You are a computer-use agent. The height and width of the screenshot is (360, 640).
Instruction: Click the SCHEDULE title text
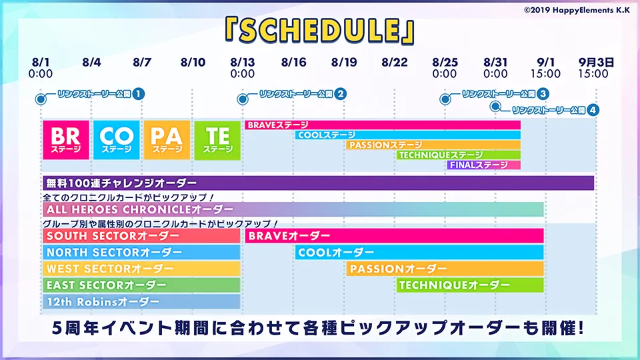[x=319, y=31]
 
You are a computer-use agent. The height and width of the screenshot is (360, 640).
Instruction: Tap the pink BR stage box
[x=66, y=140]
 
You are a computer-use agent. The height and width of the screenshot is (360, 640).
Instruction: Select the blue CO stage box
[x=116, y=140]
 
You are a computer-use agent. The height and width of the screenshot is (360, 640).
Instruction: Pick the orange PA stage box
[x=167, y=140]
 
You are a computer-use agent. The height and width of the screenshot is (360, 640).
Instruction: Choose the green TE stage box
[x=217, y=140]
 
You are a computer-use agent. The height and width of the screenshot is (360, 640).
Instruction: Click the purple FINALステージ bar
[x=484, y=165]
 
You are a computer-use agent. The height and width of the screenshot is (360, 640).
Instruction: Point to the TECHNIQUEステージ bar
[x=459, y=155]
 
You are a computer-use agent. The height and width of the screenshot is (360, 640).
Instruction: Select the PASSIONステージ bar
[x=433, y=145]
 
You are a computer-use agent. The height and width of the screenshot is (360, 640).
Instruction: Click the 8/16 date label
[x=293, y=63]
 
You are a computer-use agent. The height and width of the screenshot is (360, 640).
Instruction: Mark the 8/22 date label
[x=395, y=63]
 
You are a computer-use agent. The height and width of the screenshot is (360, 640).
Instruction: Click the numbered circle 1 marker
[x=139, y=94]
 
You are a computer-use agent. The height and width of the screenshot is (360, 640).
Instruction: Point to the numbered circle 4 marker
[x=593, y=110]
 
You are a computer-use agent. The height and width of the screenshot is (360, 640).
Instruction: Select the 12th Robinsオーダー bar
[x=141, y=301]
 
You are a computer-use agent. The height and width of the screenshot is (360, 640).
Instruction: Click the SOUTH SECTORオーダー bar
[x=141, y=236]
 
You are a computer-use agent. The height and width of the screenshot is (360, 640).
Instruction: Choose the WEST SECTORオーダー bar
[x=141, y=269]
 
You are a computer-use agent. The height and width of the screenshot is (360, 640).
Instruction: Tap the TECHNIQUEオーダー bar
[x=470, y=285]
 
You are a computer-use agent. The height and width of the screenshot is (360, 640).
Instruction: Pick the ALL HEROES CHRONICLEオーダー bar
[x=293, y=209]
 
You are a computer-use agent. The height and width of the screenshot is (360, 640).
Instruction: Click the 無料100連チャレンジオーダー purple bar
[x=319, y=183]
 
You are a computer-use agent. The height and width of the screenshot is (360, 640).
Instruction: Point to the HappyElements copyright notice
[x=577, y=10]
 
